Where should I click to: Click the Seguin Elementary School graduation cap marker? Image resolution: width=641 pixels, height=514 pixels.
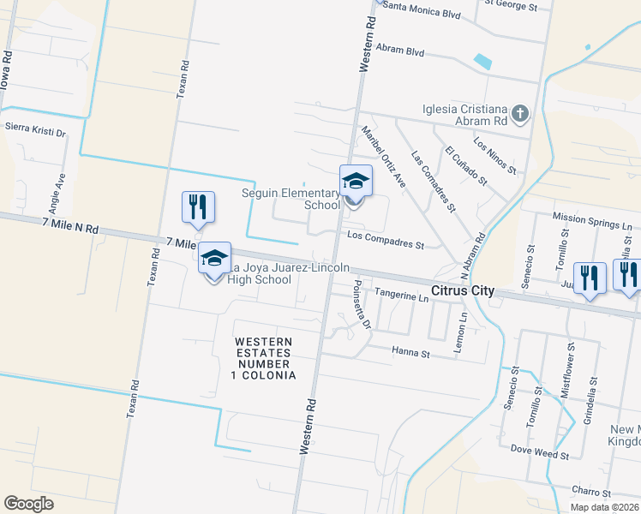point(356,182)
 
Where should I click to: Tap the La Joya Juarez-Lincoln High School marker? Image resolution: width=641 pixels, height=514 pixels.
point(214,258)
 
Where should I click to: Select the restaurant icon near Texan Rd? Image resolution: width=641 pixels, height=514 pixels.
point(197,206)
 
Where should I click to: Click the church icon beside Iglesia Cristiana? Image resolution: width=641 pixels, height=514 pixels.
point(519,113)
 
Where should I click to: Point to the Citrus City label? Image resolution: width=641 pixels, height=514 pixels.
point(463,291)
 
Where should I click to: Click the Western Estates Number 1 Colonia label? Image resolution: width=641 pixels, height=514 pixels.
point(265,359)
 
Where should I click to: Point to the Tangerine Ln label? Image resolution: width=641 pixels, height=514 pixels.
point(401,296)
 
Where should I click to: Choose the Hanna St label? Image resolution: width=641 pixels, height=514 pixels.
point(410,350)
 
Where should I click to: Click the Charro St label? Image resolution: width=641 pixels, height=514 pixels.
point(591,493)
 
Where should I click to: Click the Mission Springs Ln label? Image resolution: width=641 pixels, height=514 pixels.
point(592,223)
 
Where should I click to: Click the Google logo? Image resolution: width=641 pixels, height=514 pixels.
point(28,503)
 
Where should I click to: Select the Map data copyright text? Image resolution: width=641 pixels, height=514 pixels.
point(604,507)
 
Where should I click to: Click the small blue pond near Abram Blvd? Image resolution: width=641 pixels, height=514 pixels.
point(483,62)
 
